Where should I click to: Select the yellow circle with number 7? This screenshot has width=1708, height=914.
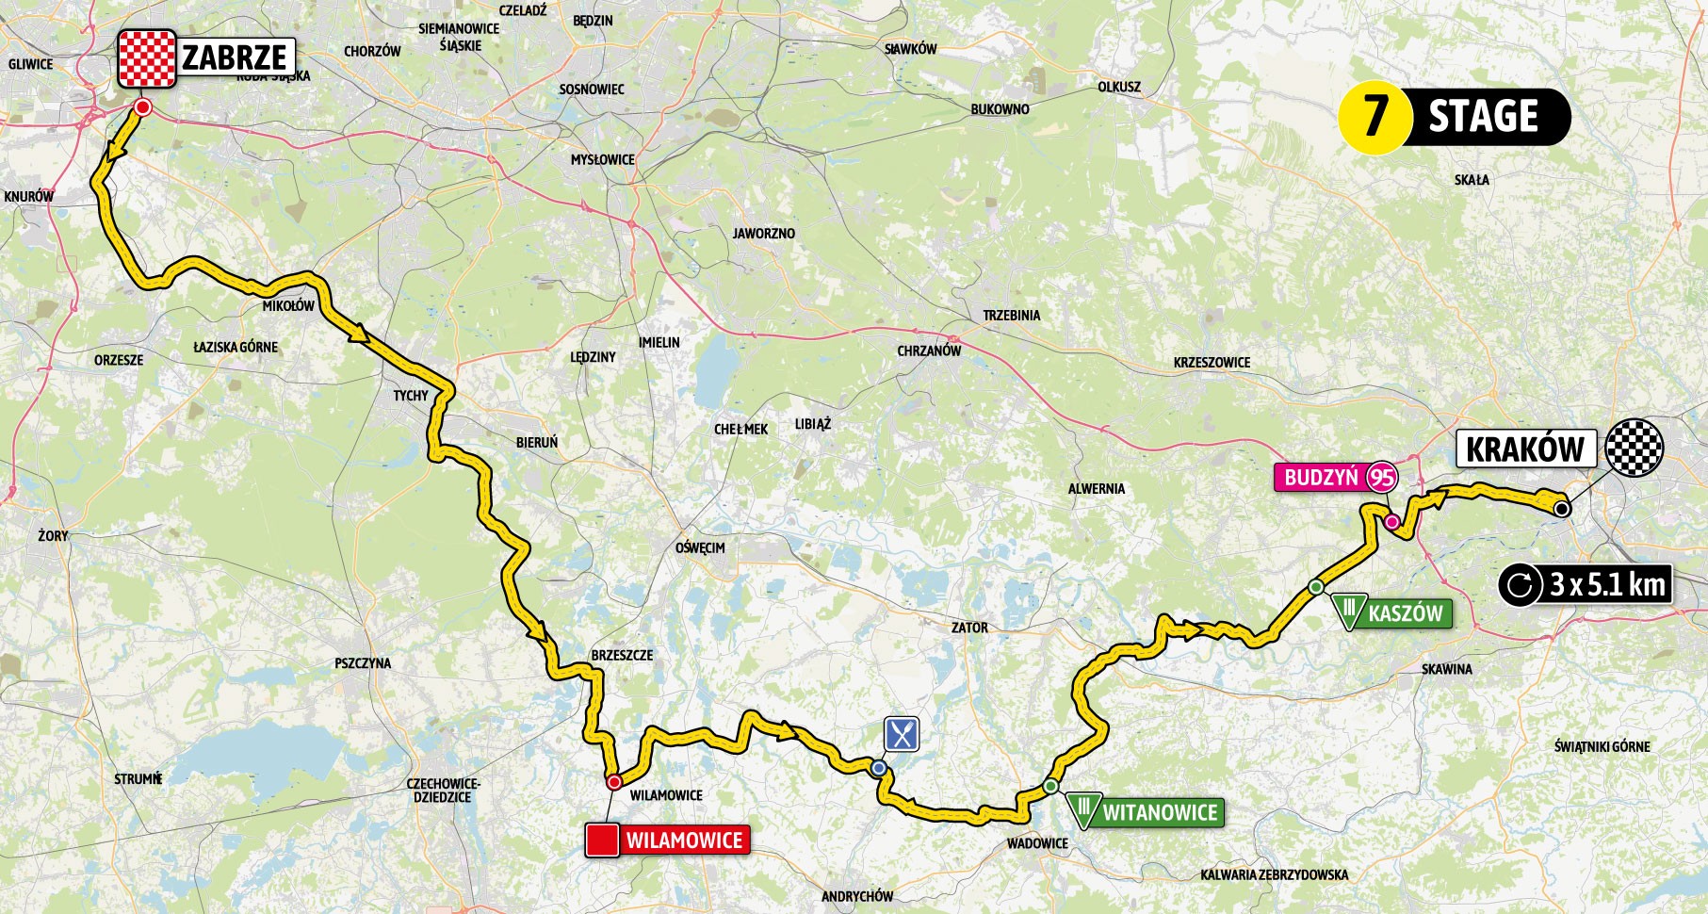(1375, 117)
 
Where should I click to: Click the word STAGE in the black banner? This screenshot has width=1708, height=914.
(1483, 117)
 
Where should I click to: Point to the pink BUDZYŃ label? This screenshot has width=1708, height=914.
(1322, 478)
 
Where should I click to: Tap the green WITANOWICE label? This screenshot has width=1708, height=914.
(1159, 811)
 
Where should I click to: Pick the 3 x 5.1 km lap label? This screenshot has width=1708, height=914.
(1606, 585)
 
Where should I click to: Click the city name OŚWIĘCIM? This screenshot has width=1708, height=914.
(700, 547)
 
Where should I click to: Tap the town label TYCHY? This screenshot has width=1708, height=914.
(411, 396)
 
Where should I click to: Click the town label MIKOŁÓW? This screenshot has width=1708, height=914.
(288, 306)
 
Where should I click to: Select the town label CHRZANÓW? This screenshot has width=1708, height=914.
(929, 351)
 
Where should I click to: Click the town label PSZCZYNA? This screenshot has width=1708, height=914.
(363, 663)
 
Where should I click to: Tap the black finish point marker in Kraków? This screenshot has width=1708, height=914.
(1561, 509)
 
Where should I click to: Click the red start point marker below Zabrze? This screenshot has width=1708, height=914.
(142, 109)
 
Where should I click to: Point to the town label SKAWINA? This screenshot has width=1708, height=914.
(1447, 669)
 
